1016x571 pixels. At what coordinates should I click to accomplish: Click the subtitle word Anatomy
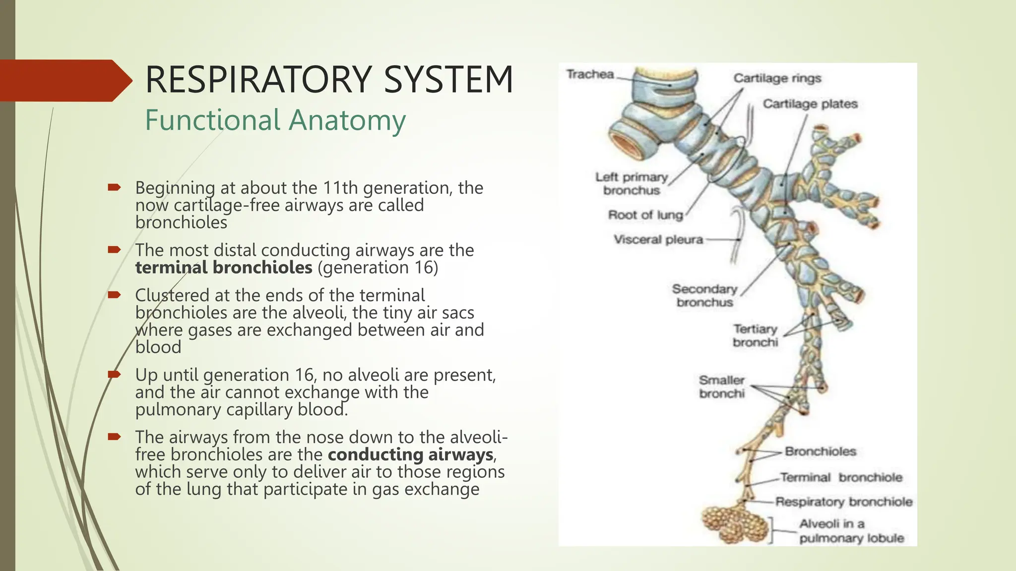[x=347, y=120]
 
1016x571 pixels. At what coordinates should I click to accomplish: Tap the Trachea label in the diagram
[x=590, y=74]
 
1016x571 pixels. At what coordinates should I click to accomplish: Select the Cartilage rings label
[x=777, y=78]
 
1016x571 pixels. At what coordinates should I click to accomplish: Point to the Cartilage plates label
[x=810, y=104]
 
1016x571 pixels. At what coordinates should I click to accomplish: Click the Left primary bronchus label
[x=632, y=183]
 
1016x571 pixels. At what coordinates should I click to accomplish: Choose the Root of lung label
[x=645, y=215]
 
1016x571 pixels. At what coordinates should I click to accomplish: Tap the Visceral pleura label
[x=658, y=240]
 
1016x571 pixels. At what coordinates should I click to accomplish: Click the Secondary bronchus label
[x=704, y=295]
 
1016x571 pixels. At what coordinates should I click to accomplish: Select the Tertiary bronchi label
[x=755, y=336]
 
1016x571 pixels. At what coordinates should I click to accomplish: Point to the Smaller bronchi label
[x=722, y=387]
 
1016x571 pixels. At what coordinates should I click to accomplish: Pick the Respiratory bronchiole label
[x=843, y=502]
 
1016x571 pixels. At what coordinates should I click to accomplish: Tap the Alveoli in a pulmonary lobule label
[x=851, y=531]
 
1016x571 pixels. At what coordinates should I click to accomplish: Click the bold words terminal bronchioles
[x=224, y=268]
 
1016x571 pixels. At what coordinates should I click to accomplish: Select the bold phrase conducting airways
[x=410, y=455]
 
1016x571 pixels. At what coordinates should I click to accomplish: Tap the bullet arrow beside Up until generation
[x=114, y=374]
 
